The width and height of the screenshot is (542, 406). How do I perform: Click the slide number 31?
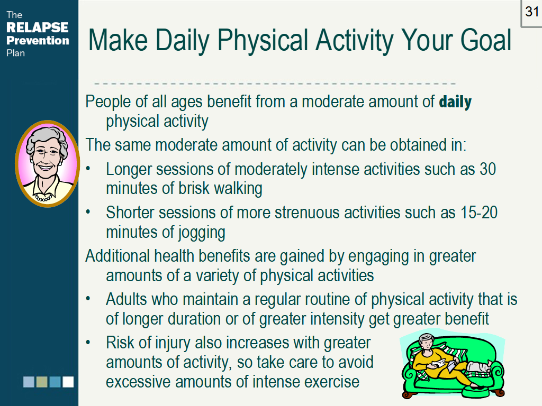pos(531,12)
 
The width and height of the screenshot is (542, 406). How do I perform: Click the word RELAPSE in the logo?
pos(37,28)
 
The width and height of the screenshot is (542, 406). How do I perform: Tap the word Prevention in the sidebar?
pos(38,41)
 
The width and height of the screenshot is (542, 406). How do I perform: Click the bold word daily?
pos(455,101)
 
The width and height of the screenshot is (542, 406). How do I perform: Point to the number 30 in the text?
pos(487,170)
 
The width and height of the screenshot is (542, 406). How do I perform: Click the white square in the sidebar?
pos(68,382)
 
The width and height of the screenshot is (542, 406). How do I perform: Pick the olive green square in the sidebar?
pos(42,382)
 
